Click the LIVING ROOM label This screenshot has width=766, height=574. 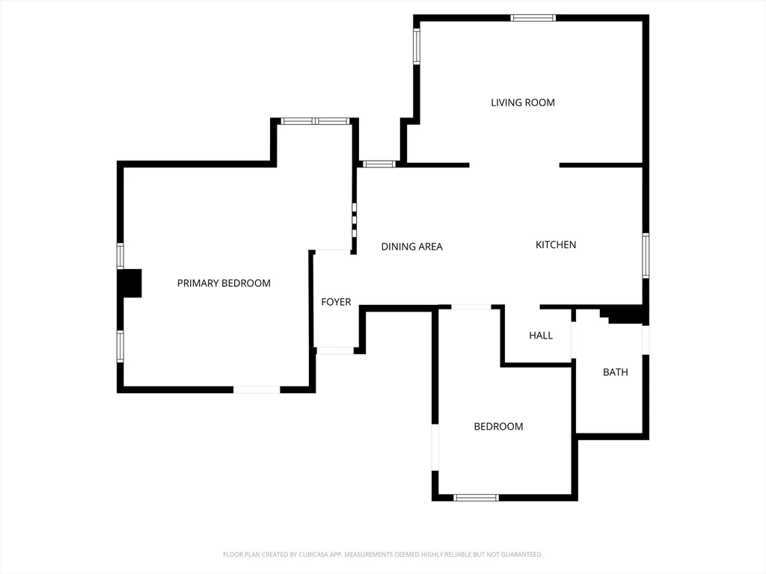pyautogui.click(x=523, y=102)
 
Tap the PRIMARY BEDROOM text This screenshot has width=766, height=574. pyautogui.click(x=224, y=283)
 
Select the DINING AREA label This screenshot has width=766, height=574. pyautogui.click(x=411, y=247)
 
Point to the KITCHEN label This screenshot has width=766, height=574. pyautogui.click(x=556, y=244)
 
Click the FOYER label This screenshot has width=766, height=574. pyautogui.click(x=336, y=302)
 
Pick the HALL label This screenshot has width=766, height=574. pyautogui.click(x=541, y=336)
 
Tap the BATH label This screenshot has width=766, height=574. pyautogui.click(x=616, y=372)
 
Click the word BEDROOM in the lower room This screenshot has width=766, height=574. pyautogui.click(x=498, y=427)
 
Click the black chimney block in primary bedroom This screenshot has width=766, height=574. pyautogui.click(x=130, y=283)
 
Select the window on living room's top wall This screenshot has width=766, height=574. pyautogui.click(x=533, y=18)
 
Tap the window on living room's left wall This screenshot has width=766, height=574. pyautogui.click(x=417, y=46)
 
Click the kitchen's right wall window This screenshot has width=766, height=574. pyautogui.click(x=646, y=256)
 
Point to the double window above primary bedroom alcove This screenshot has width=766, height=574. pyautogui.click(x=315, y=121)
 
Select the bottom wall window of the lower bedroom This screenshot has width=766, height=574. pyautogui.click(x=476, y=497)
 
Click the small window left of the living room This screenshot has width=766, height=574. pyautogui.click(x=379, y=164)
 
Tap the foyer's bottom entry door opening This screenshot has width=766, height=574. pyautogui.click(x=334, y=350)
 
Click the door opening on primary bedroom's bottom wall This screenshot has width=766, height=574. pyautogui.click(x=257, y=389)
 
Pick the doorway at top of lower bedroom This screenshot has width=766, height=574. pyautogui.click(x=471, y=306)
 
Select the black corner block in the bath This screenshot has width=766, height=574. pyautogui.click(x=625, y=315)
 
